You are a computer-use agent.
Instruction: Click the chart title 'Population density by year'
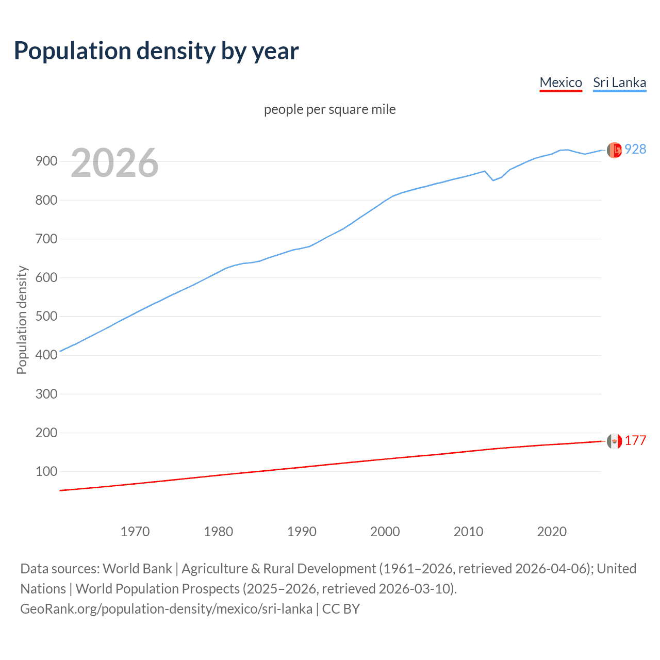click(156, 51)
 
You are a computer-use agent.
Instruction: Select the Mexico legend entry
click(560, 82)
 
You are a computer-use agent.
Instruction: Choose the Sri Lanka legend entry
click(619, 82)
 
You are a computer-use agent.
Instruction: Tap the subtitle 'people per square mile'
click(329, 109)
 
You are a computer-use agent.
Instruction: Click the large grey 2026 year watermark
click(114, 163)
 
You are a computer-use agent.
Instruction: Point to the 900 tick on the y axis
click(46, 161)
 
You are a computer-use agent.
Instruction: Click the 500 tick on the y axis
click(46, 316)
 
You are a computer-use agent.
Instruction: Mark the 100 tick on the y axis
click(46, 471)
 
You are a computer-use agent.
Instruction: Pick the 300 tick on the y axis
click(46, 394)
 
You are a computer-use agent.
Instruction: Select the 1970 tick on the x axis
click(135, 532)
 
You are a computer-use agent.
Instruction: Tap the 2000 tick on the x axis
click(385, 532)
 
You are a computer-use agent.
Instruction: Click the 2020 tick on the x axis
click(552, 532)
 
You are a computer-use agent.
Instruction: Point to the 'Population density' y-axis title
click(22, 320)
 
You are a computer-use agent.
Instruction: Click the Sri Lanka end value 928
click(635, 149)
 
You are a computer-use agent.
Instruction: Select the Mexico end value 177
click(635, 440)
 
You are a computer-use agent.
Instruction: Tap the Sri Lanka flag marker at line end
click(614, 150)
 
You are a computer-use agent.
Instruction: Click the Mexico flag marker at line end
click(614, 441)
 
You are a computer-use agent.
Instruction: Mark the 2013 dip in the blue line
click(493, 180)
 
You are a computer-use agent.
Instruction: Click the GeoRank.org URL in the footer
click(166, 608)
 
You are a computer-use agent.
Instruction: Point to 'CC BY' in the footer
click(341, 608)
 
